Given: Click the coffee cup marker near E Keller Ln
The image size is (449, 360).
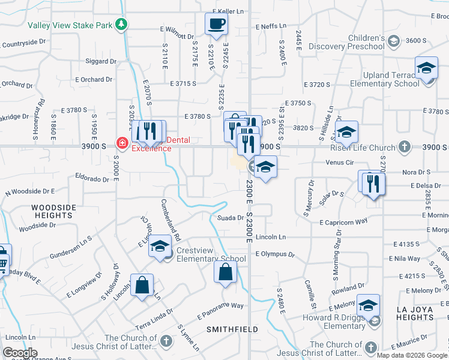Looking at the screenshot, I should click(216, 24).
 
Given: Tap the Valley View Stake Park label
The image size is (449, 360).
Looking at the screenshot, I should click(70, 25).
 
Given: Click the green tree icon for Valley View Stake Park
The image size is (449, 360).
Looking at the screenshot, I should click(122, 24).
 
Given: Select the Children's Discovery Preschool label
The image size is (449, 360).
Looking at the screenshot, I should click(357, 42).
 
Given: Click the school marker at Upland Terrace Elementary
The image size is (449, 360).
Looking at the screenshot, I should click(426, 68).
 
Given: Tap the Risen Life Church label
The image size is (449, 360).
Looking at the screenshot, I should click(363, 147).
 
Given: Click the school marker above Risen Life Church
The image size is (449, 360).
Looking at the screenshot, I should click(346, 132).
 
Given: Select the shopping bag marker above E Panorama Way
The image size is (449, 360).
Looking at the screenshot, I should click(225, 272).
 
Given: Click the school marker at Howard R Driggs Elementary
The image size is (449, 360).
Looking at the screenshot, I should click(368, 306).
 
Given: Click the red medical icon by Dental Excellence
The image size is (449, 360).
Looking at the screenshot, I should click(122, 143).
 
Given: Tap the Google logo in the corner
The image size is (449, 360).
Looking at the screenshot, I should click(20, 353).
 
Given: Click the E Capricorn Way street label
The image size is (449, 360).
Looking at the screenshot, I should click(343, 222).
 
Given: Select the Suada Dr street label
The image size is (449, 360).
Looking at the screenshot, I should click(229, 218).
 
